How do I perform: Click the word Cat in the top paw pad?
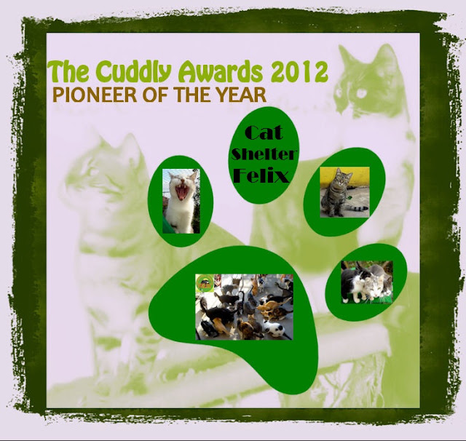264,132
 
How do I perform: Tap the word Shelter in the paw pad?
264,154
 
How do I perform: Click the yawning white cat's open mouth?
181,192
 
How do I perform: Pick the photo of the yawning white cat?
181,201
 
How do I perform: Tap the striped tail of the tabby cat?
358,207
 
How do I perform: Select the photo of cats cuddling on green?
367,282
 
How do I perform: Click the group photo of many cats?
245,307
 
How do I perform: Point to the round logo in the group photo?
205,283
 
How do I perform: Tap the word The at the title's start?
70,71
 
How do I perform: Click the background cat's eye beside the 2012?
361,94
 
